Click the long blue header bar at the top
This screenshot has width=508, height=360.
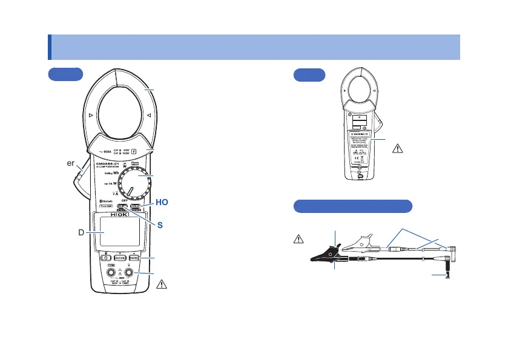tap(254, 47)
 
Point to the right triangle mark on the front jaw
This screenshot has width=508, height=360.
tap(147, 114)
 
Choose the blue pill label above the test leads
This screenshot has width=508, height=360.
tap(352, 206)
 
